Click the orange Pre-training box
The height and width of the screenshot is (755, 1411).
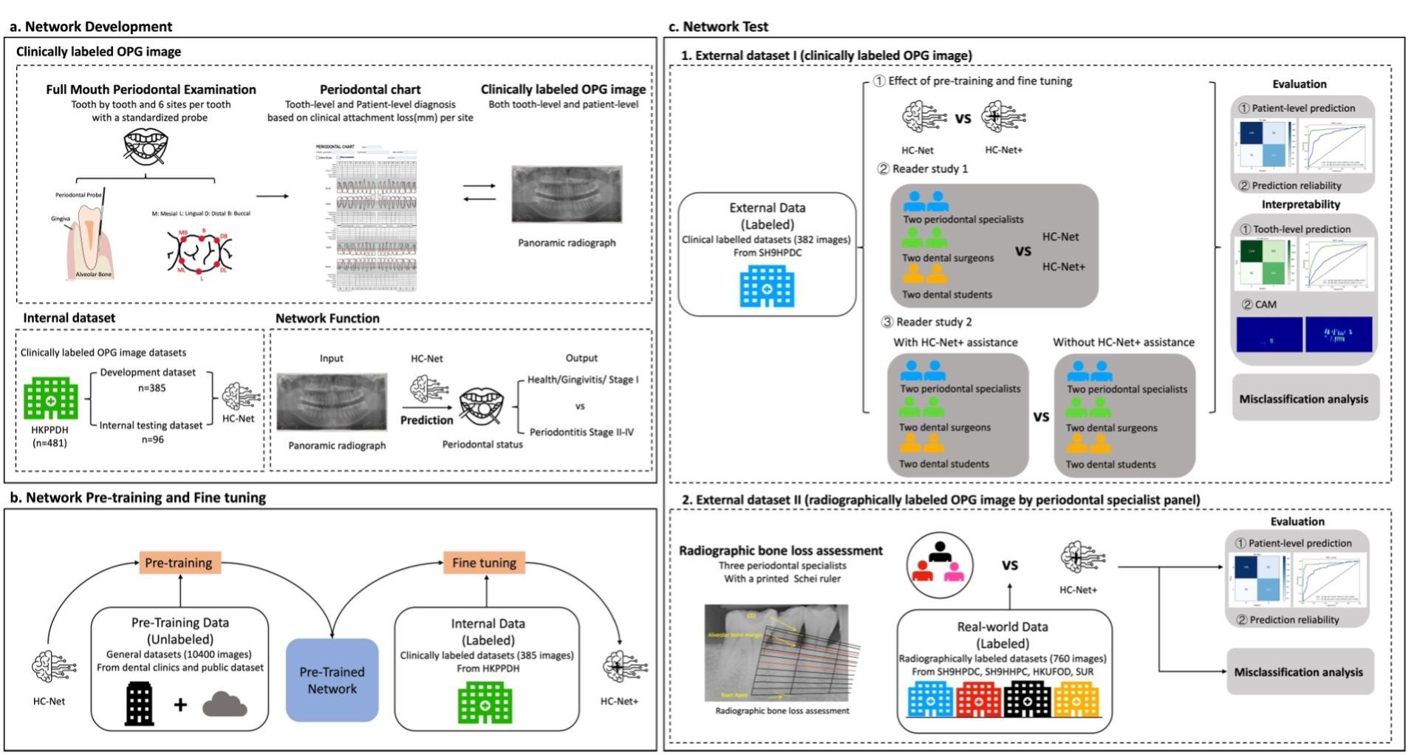point(178,563)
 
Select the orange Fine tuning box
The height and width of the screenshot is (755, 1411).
point(484,563)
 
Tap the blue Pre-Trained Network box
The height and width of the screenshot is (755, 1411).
point(332,680)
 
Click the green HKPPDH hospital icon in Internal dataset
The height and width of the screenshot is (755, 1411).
point(50,399)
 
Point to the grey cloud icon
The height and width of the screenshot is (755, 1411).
point(225,704)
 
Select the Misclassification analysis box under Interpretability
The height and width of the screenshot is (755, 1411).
point(1303,399)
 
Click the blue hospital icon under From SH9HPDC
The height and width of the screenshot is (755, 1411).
point(767,287)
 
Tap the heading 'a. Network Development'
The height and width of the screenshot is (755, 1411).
point(91,27)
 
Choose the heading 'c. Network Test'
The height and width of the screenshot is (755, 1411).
point(718,27)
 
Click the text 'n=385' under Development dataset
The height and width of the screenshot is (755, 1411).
point(148,388)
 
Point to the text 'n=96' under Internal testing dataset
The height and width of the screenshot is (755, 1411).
point(148,440)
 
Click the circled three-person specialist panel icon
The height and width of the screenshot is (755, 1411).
point(940,565)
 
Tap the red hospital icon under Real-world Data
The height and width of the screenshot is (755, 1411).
point(978,699)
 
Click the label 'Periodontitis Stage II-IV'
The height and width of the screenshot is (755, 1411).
point(581,432)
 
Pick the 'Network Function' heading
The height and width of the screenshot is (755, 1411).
point(327,318)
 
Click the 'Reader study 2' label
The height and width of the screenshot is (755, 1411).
point(933,322)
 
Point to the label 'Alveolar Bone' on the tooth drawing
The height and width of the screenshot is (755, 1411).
point(93,275)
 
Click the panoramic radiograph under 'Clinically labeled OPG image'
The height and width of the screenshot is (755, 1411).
point(567,194)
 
